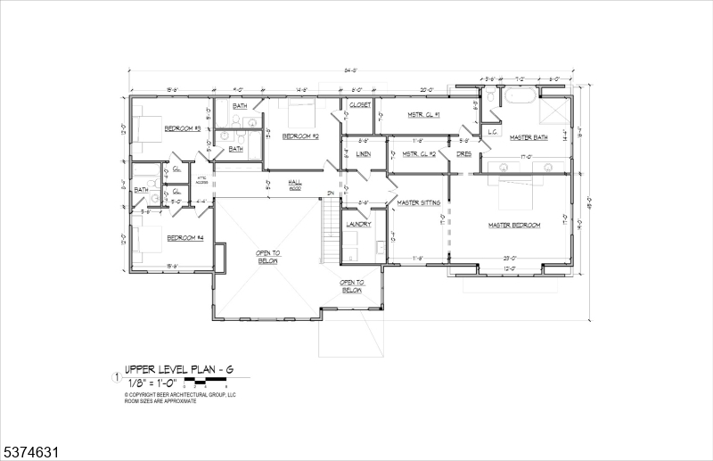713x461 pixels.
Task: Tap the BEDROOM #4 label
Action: click(x=185, y=237)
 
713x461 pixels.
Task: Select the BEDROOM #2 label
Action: click(x=300, y=136)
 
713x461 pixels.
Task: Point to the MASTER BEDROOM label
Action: click(x=514, y=225)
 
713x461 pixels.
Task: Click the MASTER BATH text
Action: click(x=528, y=137)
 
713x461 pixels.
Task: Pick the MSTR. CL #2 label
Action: click(x=418, y=153)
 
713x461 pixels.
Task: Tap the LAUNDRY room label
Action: click(x=358, y=224)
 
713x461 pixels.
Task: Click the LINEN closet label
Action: click(x=363, y=154)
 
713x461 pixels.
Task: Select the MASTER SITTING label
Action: click(x=419, y=202)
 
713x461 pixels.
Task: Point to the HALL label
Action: click(x=294, y=182)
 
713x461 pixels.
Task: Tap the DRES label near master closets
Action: click(x=463, y=153)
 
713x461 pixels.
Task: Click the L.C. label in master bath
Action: click(x=491, y=132)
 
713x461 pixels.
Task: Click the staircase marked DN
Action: click(x=331, y=230)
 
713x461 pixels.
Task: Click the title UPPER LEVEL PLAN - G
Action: click(x=170, y=367)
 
